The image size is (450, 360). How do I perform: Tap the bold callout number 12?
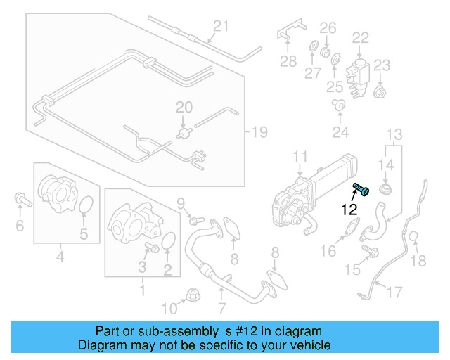(349, 209)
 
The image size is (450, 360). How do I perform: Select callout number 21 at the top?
(221, 27)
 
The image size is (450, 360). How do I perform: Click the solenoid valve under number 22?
(358, 69)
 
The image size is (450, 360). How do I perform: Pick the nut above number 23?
(380, 91)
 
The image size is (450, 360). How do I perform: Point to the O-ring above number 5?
(85, 205)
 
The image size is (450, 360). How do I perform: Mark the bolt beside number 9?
(194, 219)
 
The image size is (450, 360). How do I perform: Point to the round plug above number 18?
(415, 237)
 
